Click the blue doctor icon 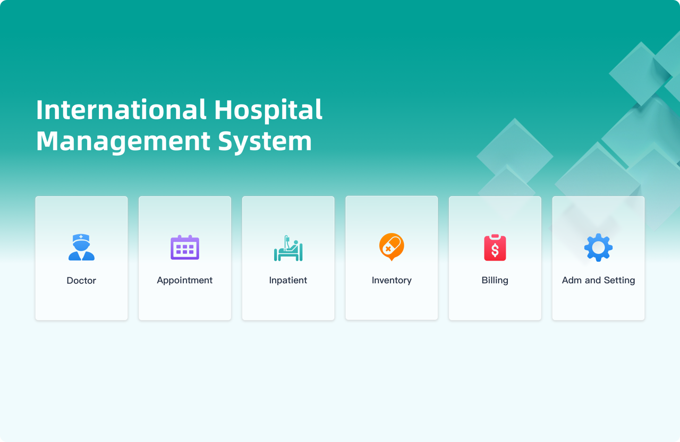[81, 247]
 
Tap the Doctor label [81, 280]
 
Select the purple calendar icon [185, 247]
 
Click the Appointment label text [184, 280]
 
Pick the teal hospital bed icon [288, 248]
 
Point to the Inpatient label [288, 280]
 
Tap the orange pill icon [392, 247]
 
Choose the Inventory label [392, 280]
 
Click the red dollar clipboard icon [495, 248]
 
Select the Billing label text [495, 280]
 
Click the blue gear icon [598, 248]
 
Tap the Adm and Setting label [598, 280]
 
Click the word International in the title [122, 109]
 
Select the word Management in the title [123, 142]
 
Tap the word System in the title [265, 142]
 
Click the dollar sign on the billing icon [495, 250]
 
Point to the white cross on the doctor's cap [81, 237]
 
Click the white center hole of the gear [598, 248]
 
